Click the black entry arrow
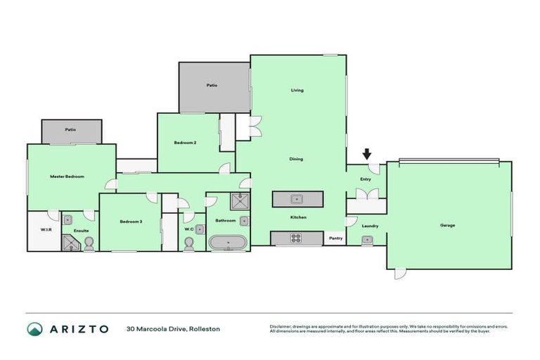(x=366, y=154)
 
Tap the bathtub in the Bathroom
(x=228, y=243)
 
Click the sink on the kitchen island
(x=297, y=199)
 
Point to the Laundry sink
(x=366, y=240)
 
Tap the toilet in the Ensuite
(x=89, y=243)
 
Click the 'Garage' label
(x=448, y=226)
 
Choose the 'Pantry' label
(x=335, y=238)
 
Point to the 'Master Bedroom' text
(x=67, y=176)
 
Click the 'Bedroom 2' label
(x=185, y=143)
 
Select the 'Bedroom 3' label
(x=131, y=221)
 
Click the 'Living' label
(x=297, y=90)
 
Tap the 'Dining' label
(x=296, y=159)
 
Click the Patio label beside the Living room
(x=212, y=85)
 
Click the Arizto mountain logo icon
(x=34, y=329)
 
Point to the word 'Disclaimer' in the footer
(x=281, y=326)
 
